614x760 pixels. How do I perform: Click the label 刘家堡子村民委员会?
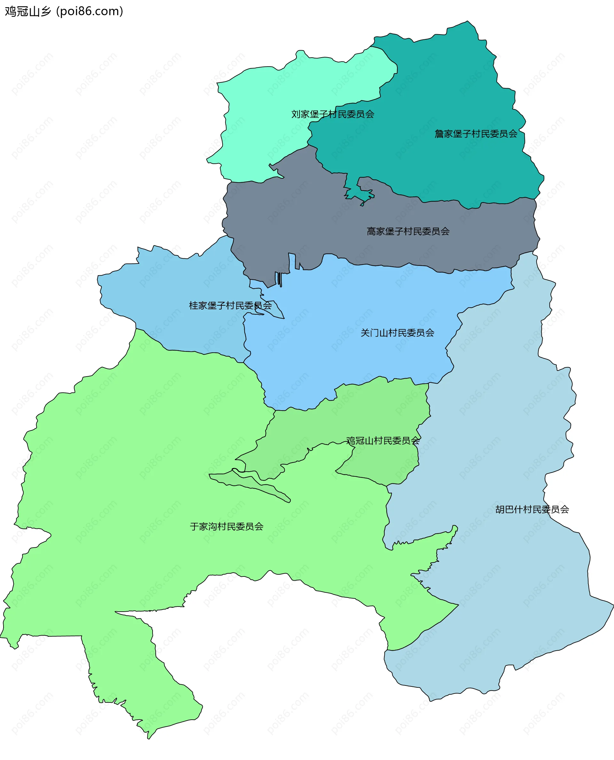pos(333,114)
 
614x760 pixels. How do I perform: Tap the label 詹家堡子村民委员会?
pos(476,134)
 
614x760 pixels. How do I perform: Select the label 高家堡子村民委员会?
pos(408,231)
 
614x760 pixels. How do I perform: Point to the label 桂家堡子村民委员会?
pos(230,306)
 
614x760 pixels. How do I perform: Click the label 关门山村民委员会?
pos(397,333)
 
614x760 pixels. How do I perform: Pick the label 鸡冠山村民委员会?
pos(383,441)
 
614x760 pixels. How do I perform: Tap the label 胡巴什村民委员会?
pos(532,509)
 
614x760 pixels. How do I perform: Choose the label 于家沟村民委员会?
pos(226,527)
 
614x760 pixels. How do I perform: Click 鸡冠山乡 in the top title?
pos(28,11)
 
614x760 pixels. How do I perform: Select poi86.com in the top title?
pos(90,11)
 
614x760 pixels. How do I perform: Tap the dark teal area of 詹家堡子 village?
pos(442,89)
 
